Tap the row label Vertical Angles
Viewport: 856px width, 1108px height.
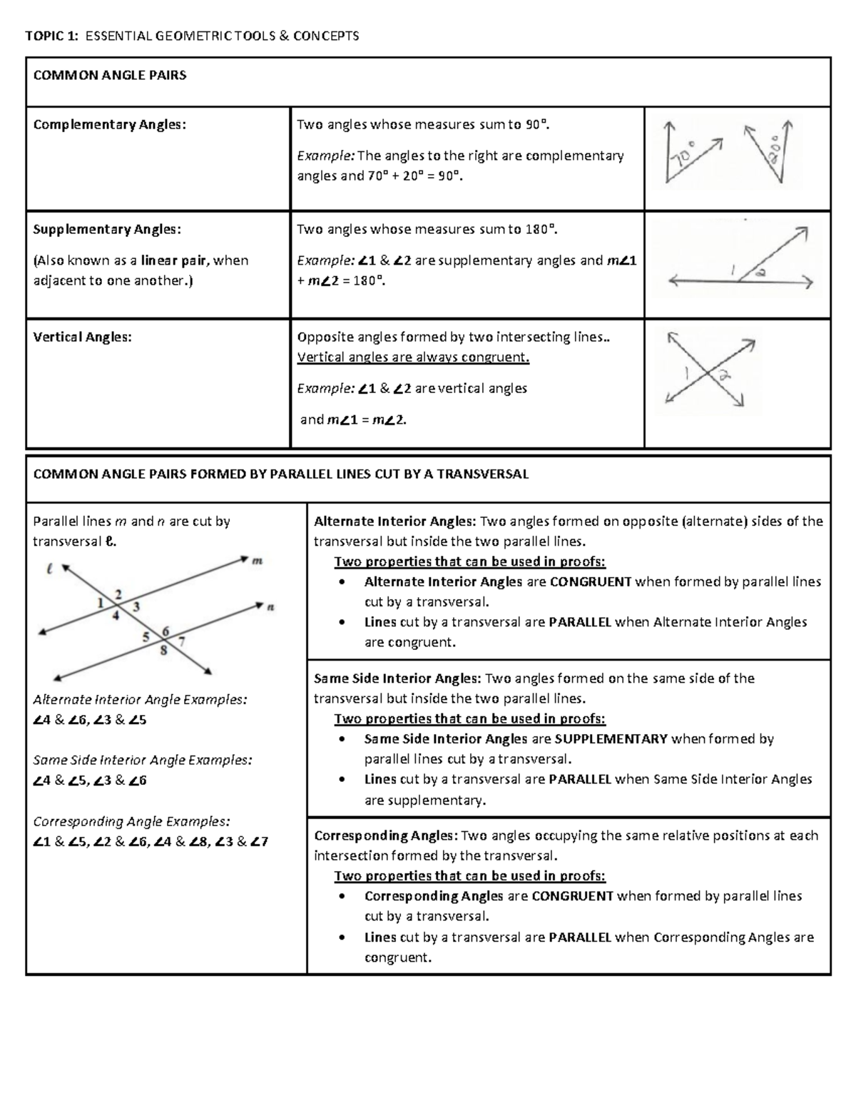[83, 337]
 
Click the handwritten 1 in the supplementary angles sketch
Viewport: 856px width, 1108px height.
[731, 269]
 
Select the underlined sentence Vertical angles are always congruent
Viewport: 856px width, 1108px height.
[413, 357]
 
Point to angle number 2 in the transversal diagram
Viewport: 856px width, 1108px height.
[118, 594]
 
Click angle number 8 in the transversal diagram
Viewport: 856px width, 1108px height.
[163, 650]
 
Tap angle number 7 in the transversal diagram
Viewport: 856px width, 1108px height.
[182, 641]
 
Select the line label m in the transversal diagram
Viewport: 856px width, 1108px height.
[258, 561]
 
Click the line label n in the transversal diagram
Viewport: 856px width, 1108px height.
[270, 608]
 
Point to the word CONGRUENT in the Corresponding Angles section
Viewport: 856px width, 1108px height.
[573, 896]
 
